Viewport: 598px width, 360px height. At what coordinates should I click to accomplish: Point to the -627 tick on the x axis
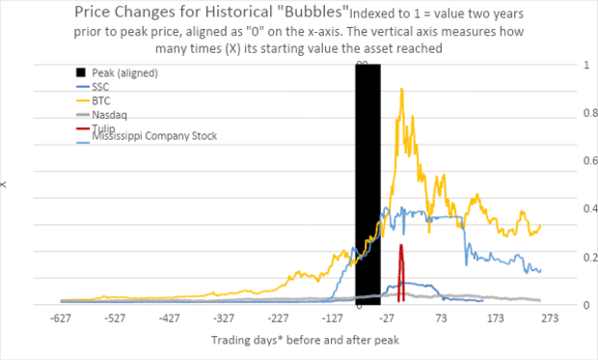[x=61, y=318]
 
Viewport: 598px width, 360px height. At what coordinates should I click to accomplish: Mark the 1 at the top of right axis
[x=578, y=65]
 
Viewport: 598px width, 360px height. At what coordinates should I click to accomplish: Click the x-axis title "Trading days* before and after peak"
[x=305, y=340]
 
